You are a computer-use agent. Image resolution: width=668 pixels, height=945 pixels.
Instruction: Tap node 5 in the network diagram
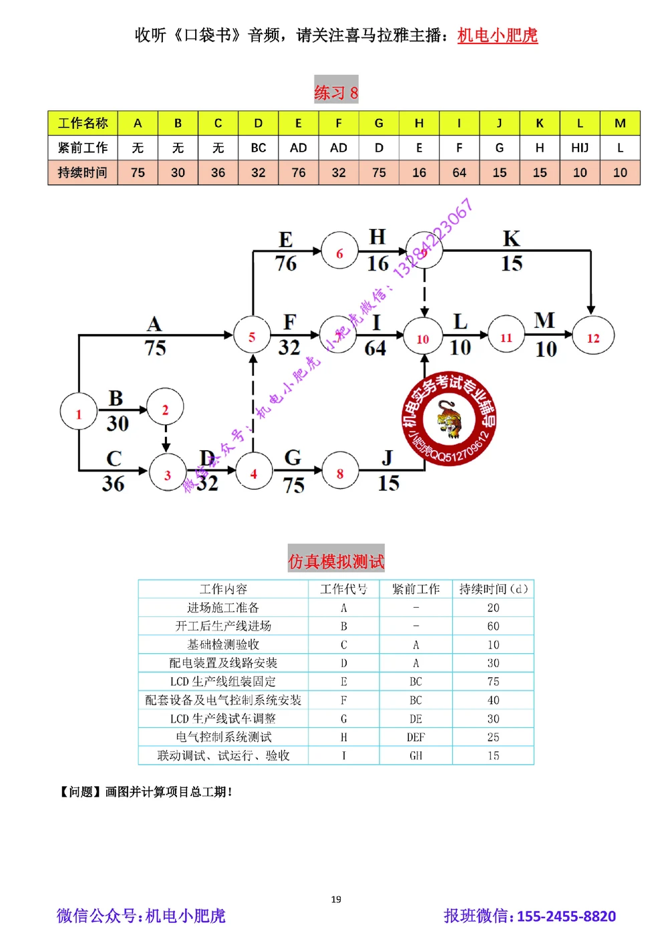[x=252, y=336]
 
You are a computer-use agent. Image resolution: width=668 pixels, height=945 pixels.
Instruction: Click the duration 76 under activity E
[x=286, y=263]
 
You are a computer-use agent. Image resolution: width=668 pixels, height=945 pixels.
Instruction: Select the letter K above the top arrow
[x=512, y=238]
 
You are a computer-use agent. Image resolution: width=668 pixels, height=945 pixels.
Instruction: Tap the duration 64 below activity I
[x=375, y=348]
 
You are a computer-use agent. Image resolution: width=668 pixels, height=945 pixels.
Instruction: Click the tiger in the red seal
[x=449, y=418]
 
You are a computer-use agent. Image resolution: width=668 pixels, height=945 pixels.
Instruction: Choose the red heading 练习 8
[x=336, y=91]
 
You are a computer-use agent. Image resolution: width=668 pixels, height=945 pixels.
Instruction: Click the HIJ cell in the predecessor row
[x=580, y=148]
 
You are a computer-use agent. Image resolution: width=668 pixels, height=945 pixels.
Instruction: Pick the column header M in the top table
[x=620, y=123]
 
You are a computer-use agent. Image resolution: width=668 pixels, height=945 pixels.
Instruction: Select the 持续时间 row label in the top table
[x=82, y=172]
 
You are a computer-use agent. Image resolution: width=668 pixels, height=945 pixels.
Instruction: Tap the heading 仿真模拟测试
[x=336, y=560]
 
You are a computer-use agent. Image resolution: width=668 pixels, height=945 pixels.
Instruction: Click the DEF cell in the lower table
[x=415, y=737]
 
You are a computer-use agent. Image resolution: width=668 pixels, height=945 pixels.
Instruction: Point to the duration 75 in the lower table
[x=493, y=682]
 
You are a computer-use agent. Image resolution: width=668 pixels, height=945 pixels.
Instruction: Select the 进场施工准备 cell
[x=223, y=608]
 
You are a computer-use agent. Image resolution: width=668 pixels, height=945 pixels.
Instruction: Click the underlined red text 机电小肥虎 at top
[x=498, y=35]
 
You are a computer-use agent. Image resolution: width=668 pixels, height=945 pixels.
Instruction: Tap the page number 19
[x=336, y=899]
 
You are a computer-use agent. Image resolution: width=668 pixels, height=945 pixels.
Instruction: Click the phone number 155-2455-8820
[x=566, y=916]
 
